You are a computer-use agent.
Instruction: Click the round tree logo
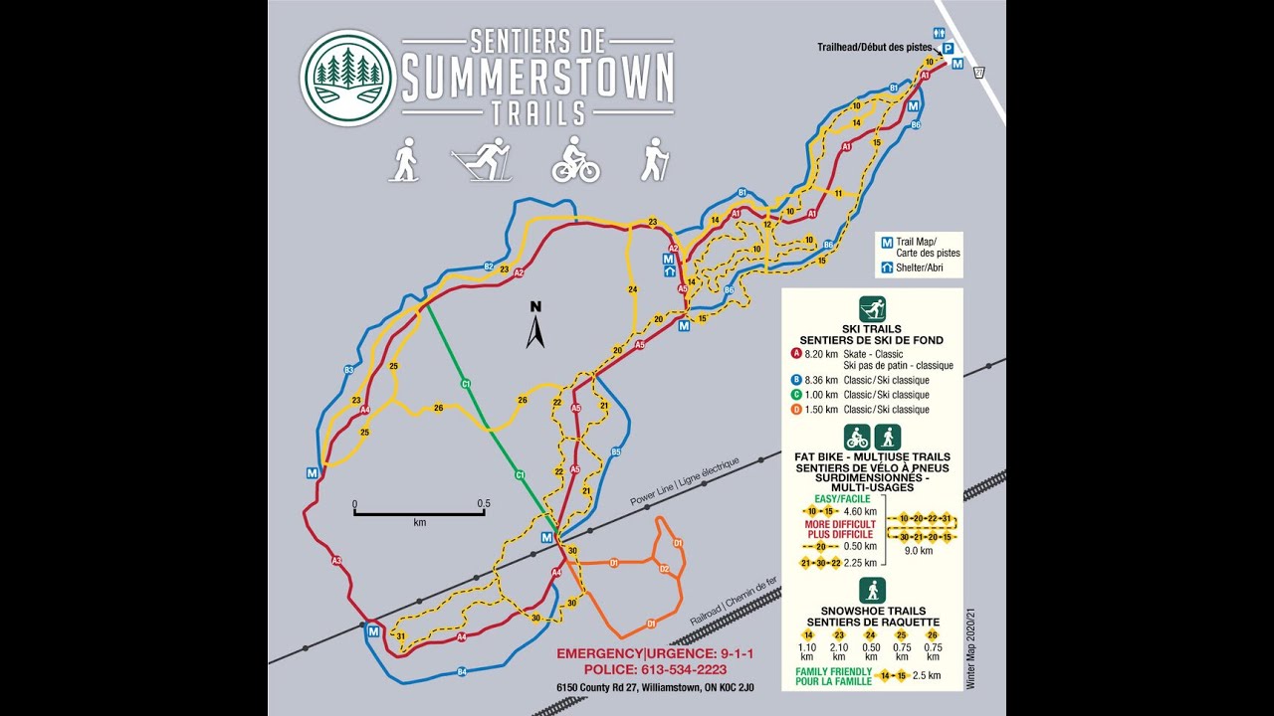[348, 78]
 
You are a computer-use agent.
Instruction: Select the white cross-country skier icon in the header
[482, 160]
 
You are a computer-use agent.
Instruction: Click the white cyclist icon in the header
[575, 160]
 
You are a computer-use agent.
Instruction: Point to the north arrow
[535, 326]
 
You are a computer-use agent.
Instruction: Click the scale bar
[418, 513]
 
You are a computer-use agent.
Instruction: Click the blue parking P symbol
[948, 48]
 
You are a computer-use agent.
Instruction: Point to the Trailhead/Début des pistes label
[874, 47]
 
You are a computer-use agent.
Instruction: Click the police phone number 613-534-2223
[655, 669]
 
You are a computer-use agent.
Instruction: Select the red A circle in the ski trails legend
[796, 353]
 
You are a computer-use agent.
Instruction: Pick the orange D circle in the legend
[796, 410]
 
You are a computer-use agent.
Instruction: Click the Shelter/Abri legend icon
[886, 268]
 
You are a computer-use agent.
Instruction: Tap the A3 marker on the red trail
[336, 561]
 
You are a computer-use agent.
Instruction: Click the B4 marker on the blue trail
[462, 673]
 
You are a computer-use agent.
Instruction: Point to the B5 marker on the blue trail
[616, 452]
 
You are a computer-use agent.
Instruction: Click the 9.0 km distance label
[918, 551]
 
